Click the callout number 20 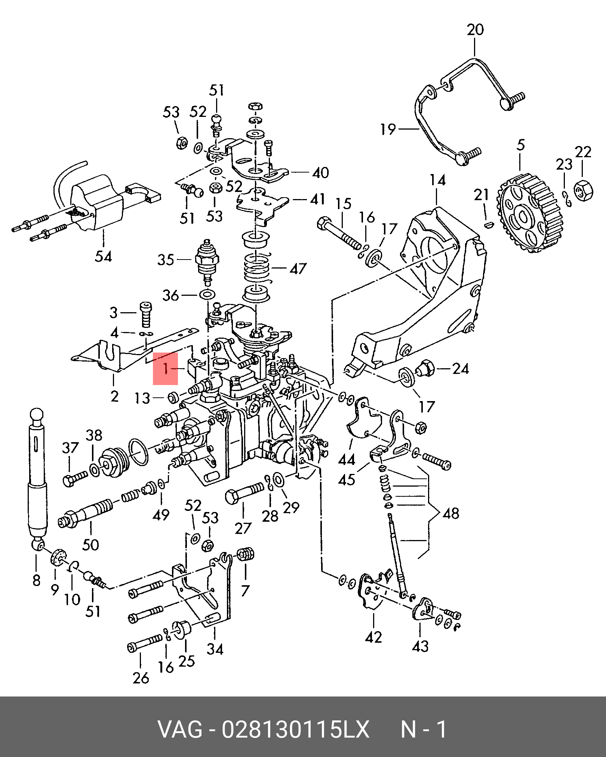475,30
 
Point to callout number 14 437,180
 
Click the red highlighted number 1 166,369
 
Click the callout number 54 103,257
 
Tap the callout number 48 451,513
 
